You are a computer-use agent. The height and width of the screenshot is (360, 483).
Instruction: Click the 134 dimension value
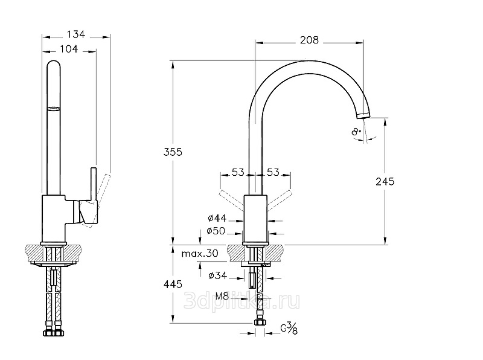pyautogui.click(x=75, y=34)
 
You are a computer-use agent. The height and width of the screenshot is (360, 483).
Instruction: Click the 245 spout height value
pyautogui.click(x=385, y=181)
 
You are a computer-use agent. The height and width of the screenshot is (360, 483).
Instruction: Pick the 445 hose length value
pyautogui.click(x=173, y=283)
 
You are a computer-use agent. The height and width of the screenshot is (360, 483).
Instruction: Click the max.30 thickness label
pyautogui.click(x=199, y=254)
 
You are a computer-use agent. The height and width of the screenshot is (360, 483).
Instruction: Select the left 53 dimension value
pyautogui.click(x=238, y=173)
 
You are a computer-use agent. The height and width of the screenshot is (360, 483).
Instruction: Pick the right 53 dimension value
pyautogui.click(x=273, y=173)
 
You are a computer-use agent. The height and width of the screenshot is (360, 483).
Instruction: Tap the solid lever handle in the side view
pyautogui.click(x=93, y=184)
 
